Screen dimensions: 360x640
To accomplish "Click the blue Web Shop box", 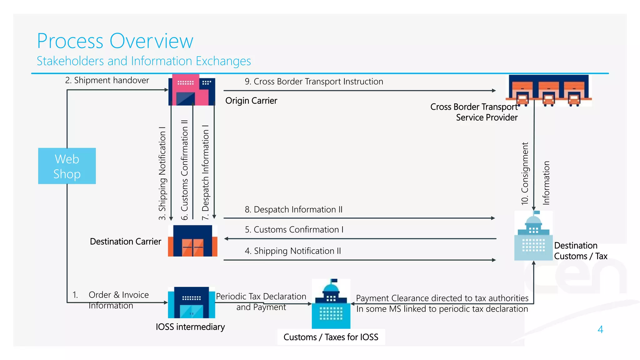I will click(x=67, y=166).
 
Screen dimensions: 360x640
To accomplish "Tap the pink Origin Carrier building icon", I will click(x=192, y=90).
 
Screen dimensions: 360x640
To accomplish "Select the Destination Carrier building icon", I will click(x=192, y=241).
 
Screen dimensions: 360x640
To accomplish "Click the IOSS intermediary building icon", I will click(x=191, y=302).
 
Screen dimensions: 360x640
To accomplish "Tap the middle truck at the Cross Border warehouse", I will click(x=548, y=99).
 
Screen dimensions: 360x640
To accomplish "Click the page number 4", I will click(x=600, y=329).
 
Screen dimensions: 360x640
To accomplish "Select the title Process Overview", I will click(x=115, y=41).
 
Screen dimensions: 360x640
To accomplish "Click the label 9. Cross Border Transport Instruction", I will click(x=314, y=82).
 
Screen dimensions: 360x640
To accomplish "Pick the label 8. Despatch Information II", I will click(x=293, y=209).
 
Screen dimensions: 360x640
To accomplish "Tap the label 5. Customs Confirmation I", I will click(x=294, y=230).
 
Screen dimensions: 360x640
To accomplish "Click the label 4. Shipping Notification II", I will click(x=292, y=251).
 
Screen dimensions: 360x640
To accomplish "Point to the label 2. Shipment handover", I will click(x=107, y=80).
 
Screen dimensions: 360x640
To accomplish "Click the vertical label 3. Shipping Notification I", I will click(x=162, y=173).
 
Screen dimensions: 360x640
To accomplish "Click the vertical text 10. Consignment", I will click(x=525, y=173).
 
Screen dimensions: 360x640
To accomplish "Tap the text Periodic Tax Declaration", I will click(x=261, y=296).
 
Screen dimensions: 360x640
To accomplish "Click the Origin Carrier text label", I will click(x=251, y=101).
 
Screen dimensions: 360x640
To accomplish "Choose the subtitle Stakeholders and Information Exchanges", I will click(x=144, y=61).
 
